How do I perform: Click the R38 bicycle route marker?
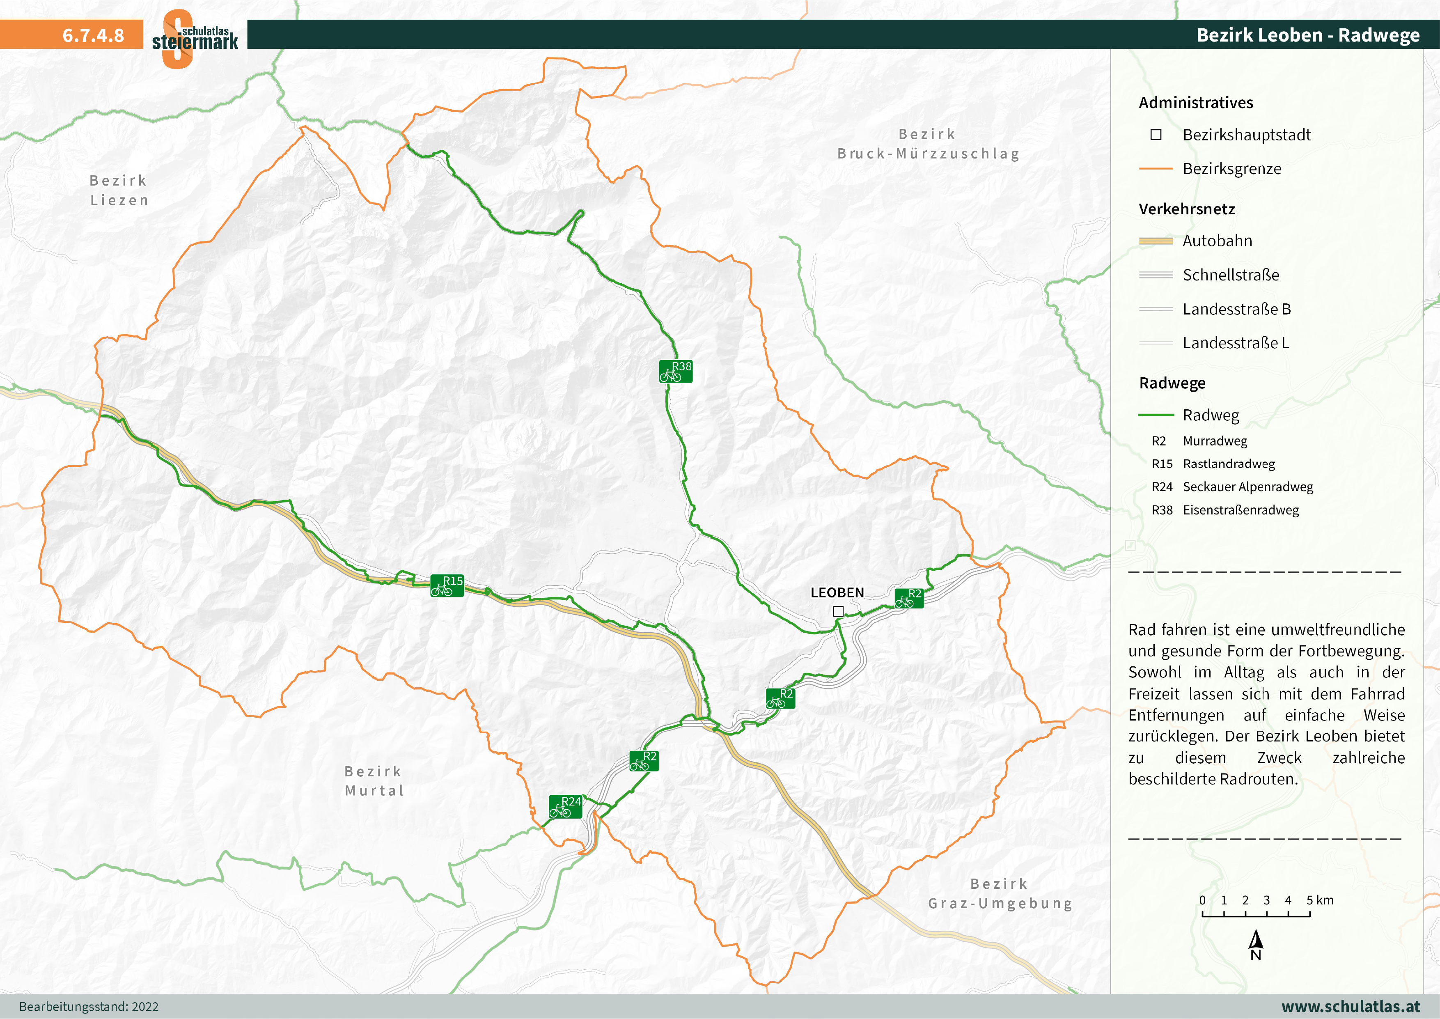click(x=676, y=372)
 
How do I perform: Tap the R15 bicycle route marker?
click(x=447, y=585)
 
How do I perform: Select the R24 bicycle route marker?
click(x=565, y=806)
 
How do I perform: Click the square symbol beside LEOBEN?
click(x=838, y=611)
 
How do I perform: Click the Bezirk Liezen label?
click(x=119, y=190)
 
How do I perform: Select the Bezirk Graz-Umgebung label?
click(x=1000, y=893)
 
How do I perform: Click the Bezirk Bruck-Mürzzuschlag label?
click(x=928, y=144)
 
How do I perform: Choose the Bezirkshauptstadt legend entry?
click(x=1246, y=135)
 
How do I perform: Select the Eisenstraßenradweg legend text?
click(x=1240, y=510)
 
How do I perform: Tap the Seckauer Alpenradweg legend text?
click(x=1247, y=487)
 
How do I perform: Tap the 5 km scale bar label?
click(x=1320, y=900)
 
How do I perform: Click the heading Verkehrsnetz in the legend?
click(x=1187, y=209)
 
